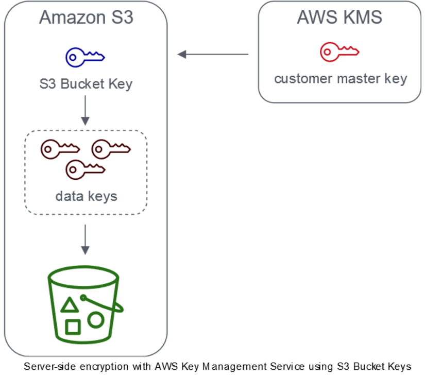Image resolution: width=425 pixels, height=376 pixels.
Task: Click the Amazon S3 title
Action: [86, 18]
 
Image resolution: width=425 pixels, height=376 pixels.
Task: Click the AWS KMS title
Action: [339, 18]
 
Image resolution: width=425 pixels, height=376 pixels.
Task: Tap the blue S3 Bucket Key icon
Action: [85, 56]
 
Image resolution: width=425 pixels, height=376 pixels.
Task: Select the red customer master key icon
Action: [339, 52]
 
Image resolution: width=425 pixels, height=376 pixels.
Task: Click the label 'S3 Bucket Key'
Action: [86, 84]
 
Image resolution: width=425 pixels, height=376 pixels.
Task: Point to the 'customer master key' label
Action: [341, 79]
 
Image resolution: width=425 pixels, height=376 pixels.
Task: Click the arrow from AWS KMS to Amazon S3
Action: [212, 55]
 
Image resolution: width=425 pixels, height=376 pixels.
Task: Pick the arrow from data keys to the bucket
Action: [86, 240]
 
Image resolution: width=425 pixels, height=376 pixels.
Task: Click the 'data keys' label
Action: [86, 196]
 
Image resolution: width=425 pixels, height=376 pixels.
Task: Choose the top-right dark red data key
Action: [111, 149]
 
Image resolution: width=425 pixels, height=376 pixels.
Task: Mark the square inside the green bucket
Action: [73, 327]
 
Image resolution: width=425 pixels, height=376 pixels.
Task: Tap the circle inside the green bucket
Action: [96, 320]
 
